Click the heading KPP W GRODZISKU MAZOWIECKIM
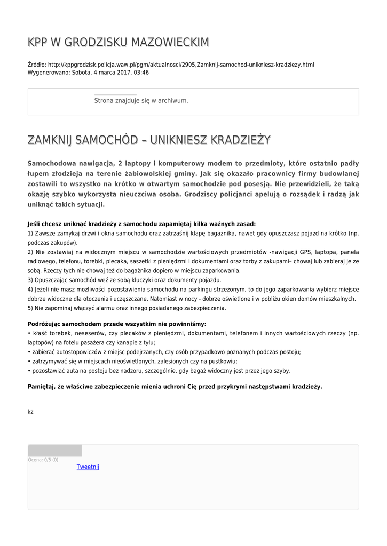pyautogui.click(x=118, y=42)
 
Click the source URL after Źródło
pyautogui.click(x=181, y=65)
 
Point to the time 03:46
pyautogui.click(x=141, y=73)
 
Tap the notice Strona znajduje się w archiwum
pyautogui.click(x=141, y=100)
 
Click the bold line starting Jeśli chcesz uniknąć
pyautogui.click(x=141, y=224)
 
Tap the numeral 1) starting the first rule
pyautogui.click(x=30, y=234)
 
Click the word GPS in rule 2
pyautogui.click(x=305, y=252)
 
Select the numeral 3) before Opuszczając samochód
pyautogui.click(x=30, y=280)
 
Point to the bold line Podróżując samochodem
pyautogui.click(x=116, y=324)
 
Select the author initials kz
pyautogui.click(x=30, y=411)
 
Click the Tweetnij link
pyautogui.click(x=88, y=467)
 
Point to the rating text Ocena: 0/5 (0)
pyautogui.click(x=43, y=460)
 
